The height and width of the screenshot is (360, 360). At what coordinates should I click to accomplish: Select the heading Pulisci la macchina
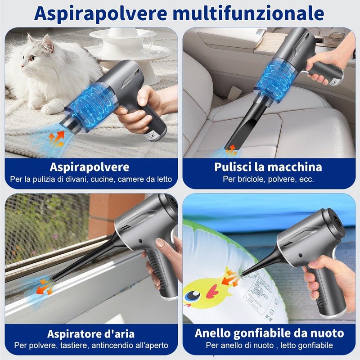tap(268, 167)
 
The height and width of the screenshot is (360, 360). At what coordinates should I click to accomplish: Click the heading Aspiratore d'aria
tap(91, 334)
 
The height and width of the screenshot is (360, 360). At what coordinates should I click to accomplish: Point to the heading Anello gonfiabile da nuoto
tap(269, 334)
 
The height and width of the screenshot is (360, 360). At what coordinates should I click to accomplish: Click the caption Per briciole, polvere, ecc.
tap(268, 179)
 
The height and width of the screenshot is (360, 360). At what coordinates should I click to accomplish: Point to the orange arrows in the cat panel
tap(56, 135)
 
